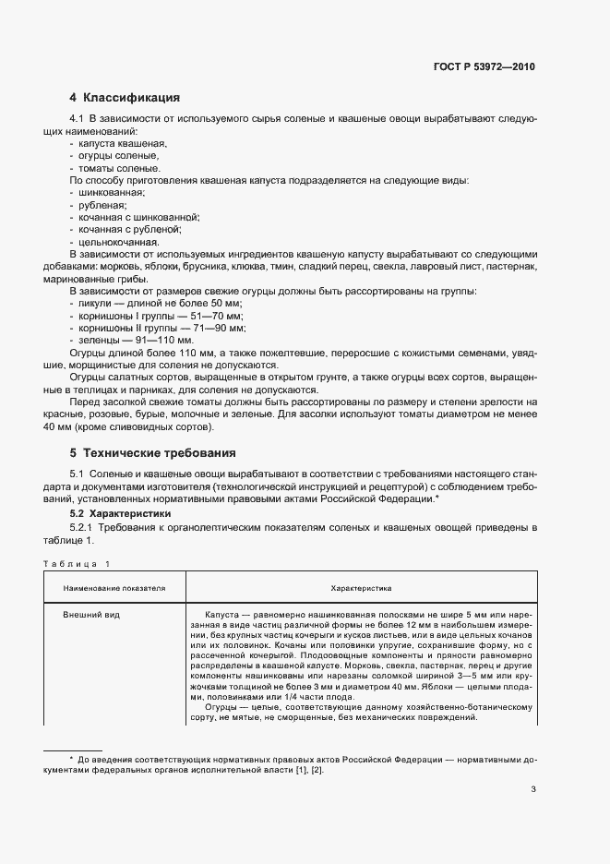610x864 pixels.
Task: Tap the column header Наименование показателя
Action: [114, 586]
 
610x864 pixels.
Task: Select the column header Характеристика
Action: [361, 586]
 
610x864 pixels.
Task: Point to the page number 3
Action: [533, 788]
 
